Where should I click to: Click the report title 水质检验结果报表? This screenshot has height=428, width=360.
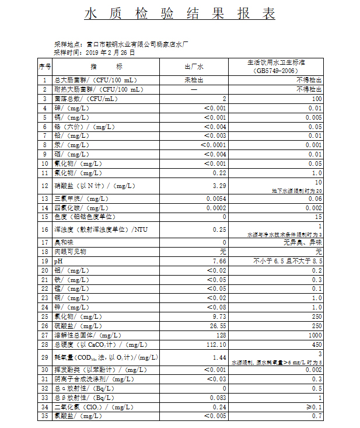pyautogui.click(x=180, y=15)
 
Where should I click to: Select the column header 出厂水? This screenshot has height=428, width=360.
pyautogui.click(x=194, y=67)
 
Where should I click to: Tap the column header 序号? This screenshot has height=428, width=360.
pyautogui.click(x=45, y=67)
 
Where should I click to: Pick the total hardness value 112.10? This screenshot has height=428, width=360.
pyautogui.click(x=215, y=345)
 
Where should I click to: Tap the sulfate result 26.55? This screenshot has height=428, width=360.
pyautogui.click(x=217, y=326)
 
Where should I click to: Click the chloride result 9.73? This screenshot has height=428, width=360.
pyautogui.click(x=219, y=316)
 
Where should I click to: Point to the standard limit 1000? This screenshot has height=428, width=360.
pyautogui.click(x=316, y=335)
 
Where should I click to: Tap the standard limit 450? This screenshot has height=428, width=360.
pyautogui.click(x=317, y=345)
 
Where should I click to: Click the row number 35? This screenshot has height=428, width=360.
pyautogui.click(x=45, y=416)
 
